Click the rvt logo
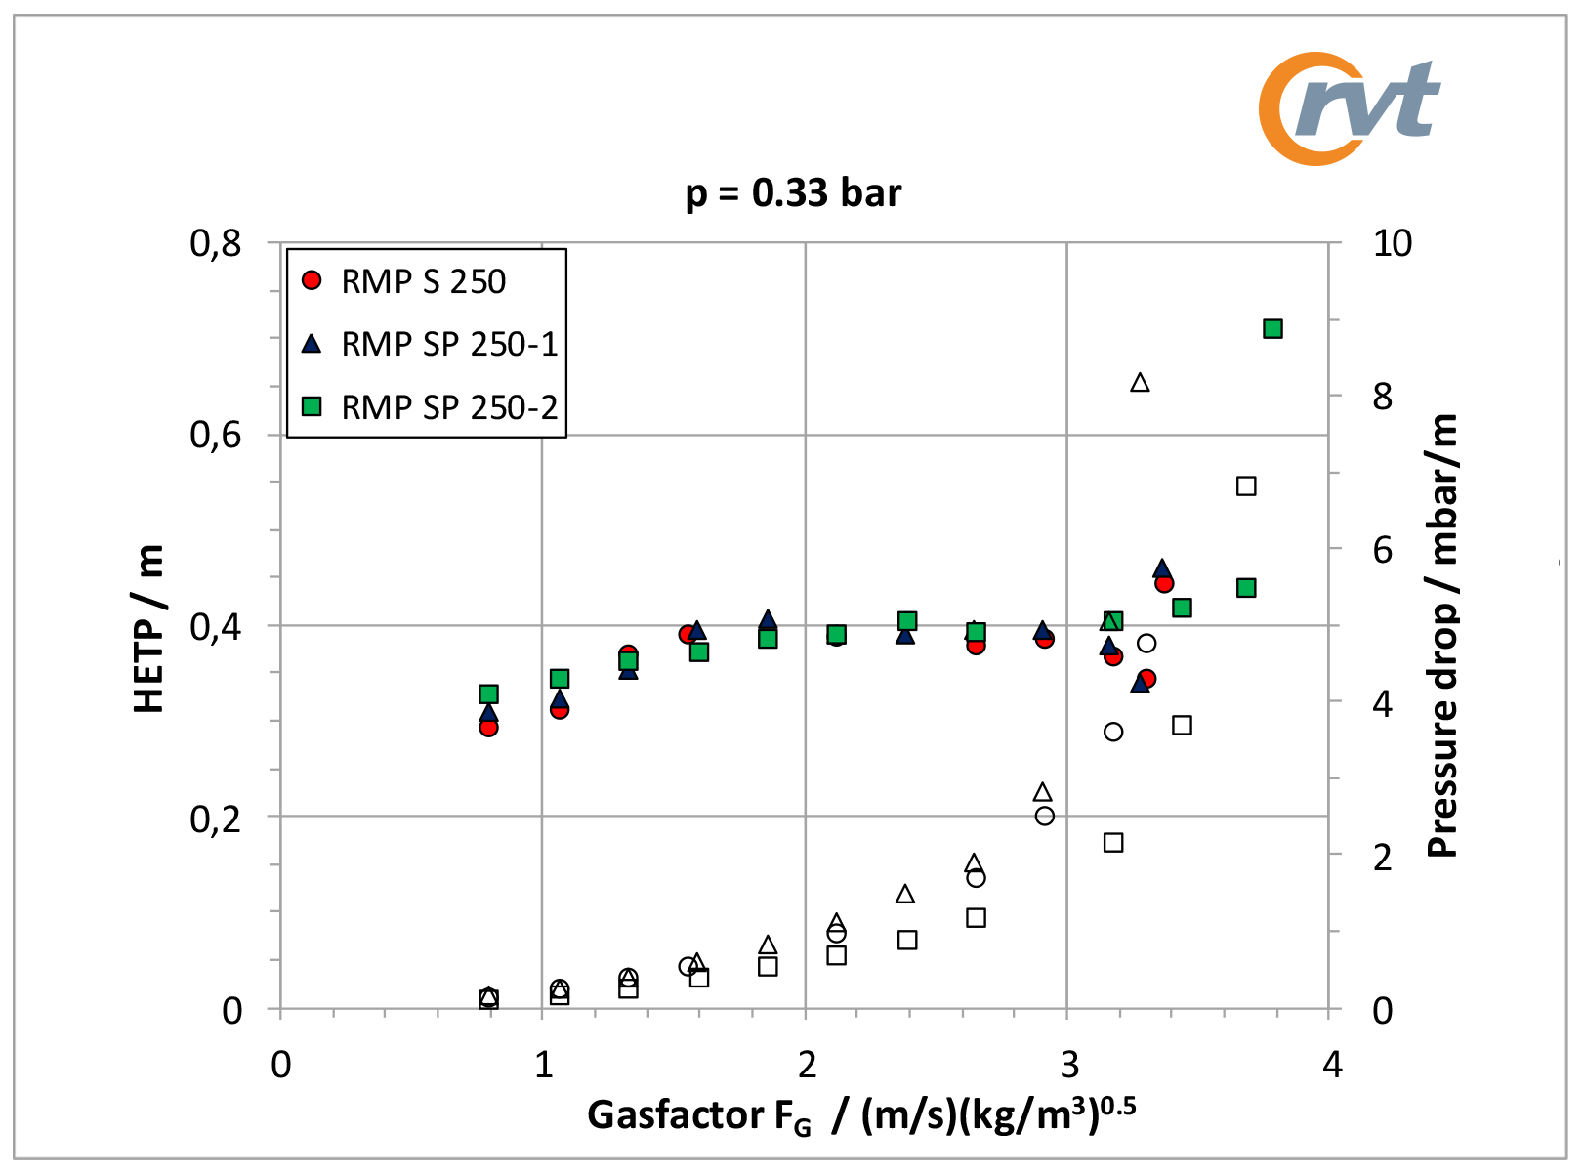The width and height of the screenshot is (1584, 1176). coord(1351,108)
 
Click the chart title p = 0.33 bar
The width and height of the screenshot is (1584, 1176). coord(793,192)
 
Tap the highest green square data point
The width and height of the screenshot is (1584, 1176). coord(1272,329)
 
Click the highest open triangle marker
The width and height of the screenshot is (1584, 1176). coord(1140,383)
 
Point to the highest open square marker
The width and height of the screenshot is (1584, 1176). coord(1246,486)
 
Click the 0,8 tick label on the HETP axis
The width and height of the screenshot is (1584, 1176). coord(215,243)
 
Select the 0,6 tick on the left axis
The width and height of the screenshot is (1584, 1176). coord(215,435)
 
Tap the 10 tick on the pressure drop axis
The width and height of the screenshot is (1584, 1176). coord(1392,243)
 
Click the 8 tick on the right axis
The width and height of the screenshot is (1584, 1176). coord(1382,397)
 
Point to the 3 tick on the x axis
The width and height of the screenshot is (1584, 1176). coord(1069,1064)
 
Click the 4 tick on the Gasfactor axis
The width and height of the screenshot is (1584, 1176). coord(1332,1064)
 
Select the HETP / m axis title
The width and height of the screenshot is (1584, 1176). coord(149,628)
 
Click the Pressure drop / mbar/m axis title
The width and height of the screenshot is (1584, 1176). coord(1441,635)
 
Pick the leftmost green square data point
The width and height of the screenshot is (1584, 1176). coord(489,694)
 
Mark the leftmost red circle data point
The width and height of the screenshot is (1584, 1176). coord(489,727)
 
